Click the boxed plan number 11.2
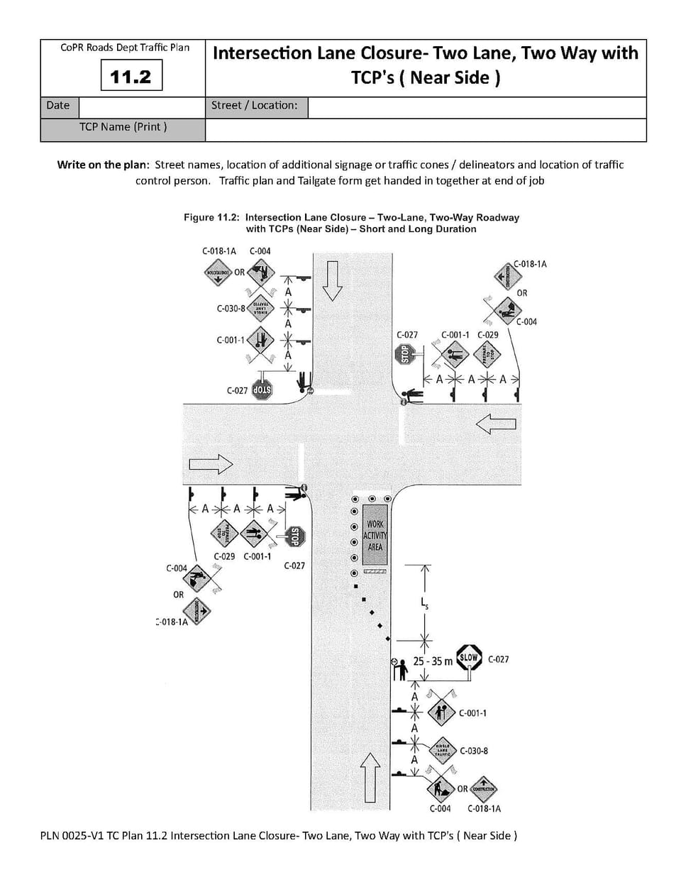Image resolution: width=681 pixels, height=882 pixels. (x=131, y=76)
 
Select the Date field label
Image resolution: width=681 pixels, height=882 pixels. (x=57, y=106)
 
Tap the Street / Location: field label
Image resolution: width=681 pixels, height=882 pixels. (x=254, y=106)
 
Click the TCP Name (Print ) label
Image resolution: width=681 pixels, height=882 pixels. (x=123, y=127)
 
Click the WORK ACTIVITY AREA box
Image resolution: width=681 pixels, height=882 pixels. (x=375, y=536)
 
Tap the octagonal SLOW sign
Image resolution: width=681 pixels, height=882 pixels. (x=469, y=658)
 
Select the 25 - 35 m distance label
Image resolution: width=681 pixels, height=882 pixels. (x=432, y=661)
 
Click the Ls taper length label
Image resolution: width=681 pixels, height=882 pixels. (x=424, y=604)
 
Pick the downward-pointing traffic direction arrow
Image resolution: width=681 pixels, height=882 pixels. (x=332, y=280)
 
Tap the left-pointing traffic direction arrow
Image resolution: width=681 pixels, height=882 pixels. (x=496, y=424)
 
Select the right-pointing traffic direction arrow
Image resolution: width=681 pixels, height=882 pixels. (x=211, y=464)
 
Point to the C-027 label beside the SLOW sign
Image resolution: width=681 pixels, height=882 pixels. (x=498, y=659)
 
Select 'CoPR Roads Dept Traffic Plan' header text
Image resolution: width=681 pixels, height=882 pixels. (x=125, y=48)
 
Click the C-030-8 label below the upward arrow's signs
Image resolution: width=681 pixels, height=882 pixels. (x=474, y=751)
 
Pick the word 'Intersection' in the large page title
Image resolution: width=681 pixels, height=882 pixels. (x=262, y=54)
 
